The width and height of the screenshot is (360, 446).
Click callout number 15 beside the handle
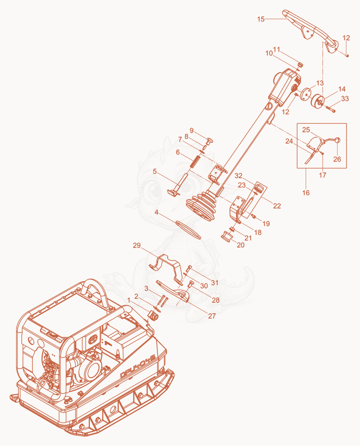click(261, 19)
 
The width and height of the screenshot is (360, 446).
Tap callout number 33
click(345, 99)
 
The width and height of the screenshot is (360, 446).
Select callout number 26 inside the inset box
click(337, 159)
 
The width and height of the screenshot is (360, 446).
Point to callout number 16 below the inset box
click(306, 193)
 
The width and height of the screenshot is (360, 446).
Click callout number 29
click(137, 245)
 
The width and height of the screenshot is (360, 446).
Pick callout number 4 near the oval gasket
click(157, 212)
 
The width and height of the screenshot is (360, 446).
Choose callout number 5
click(155, 171)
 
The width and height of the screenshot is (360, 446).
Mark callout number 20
click(241, 245)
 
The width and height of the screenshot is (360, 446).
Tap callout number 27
click(212, 316)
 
